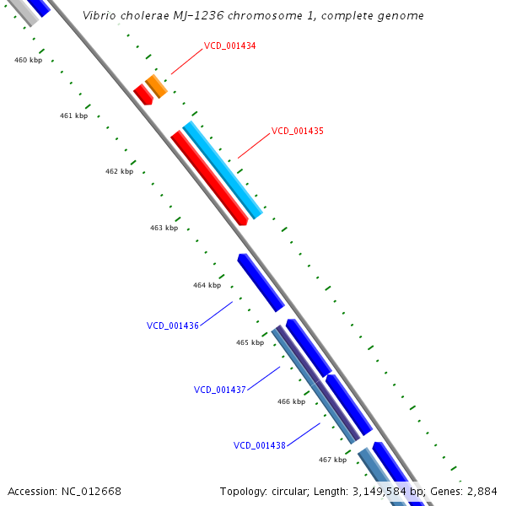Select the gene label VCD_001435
click(x=298, y=131)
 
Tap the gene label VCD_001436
click(x=173, y=326)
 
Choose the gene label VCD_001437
click(x=220, y=390)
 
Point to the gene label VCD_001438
click(x=260, y=445)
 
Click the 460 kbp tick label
click(x=28, y=60)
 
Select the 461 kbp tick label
click(x=73, y=116)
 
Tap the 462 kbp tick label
click(x=119, y=171)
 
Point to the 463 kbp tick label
click(x=164, y=228)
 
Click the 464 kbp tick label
click(x=207, y=285)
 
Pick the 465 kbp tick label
click(x=250, y=342)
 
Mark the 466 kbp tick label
click(x=291, y=401)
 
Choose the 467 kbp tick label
click(x=332, y=460)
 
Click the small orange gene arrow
click(x=156, y=86)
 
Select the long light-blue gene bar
click(x=223, y=170)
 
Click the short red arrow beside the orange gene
click(x=143, y=94)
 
